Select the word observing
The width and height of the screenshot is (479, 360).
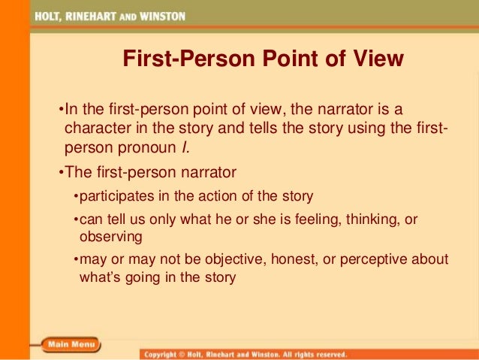(110, 237)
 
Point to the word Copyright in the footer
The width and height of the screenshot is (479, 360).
(166, 353)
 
